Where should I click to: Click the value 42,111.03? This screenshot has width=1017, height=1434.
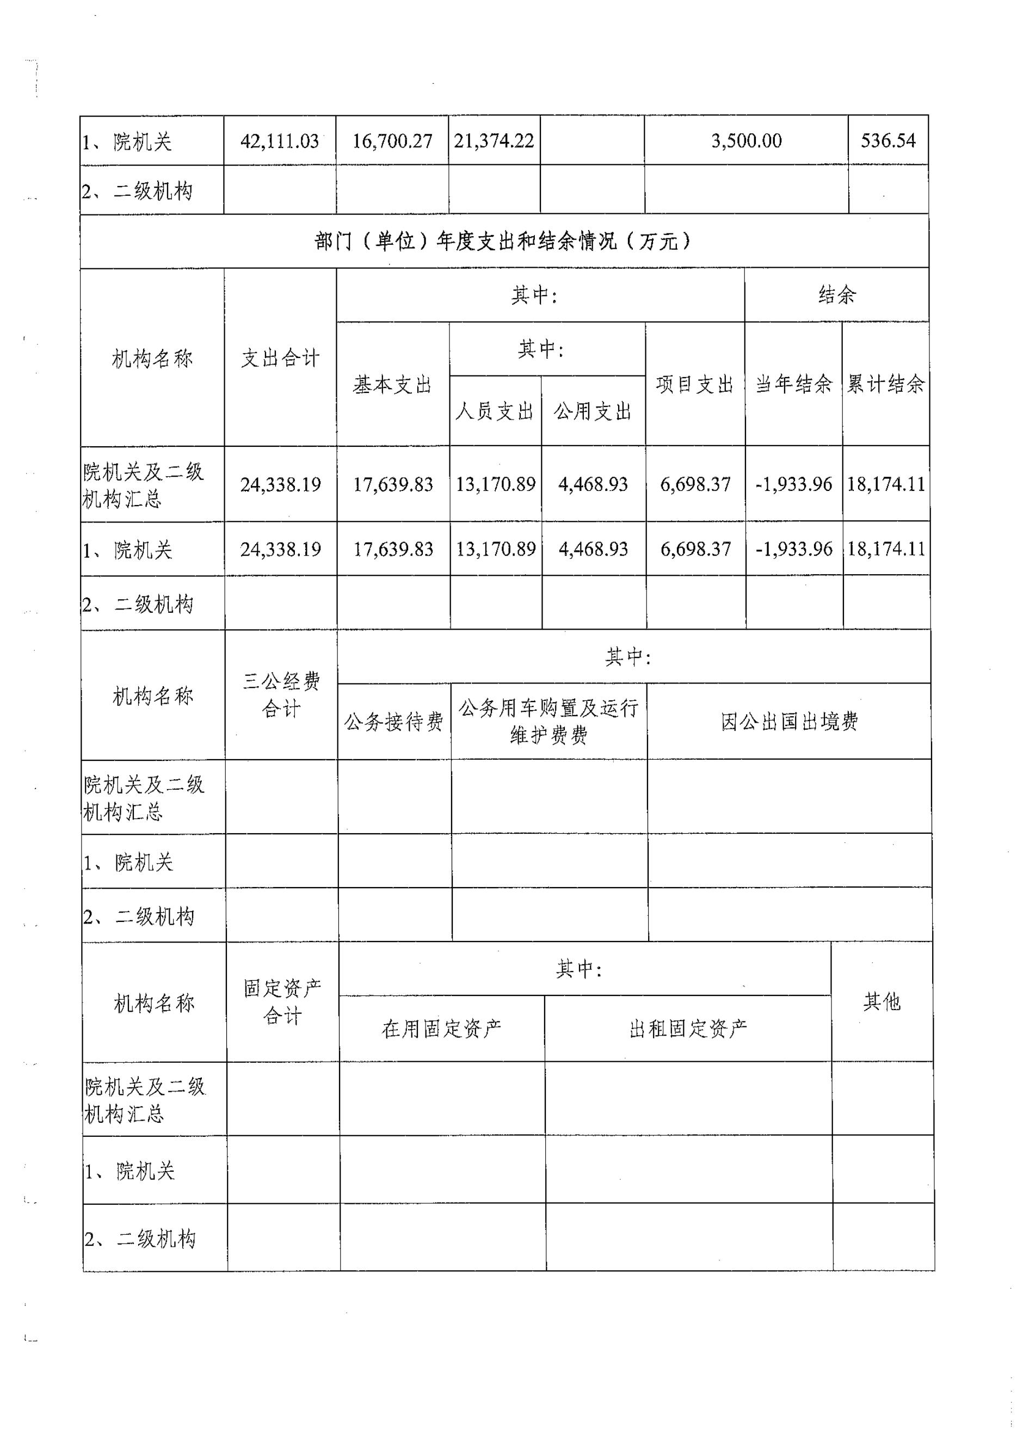[x=279, y=141]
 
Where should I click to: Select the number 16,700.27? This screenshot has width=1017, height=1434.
[x=392, y=141]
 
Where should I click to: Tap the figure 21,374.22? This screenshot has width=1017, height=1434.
[x=494, y=141]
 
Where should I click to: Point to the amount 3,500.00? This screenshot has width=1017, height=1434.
[x=746, y=141]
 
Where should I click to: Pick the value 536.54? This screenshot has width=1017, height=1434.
[x=888, y=140]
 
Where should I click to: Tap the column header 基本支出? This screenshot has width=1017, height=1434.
[x=393, y=385]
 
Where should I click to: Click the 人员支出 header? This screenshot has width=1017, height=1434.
[x=495, y=411]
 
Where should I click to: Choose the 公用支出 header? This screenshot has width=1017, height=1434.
[x=593, y=411]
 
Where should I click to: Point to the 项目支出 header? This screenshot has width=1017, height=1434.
[x=695, y=385]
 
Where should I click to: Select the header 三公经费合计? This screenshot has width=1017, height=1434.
[x=281, y=694]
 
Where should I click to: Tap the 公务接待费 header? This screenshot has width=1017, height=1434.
[x=394, y=722]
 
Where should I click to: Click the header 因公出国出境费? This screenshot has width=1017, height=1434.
[x=789, y=722]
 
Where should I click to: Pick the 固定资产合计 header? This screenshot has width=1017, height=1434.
[x=282, y=1001]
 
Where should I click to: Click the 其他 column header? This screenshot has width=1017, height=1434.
[x=882, y=1002]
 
